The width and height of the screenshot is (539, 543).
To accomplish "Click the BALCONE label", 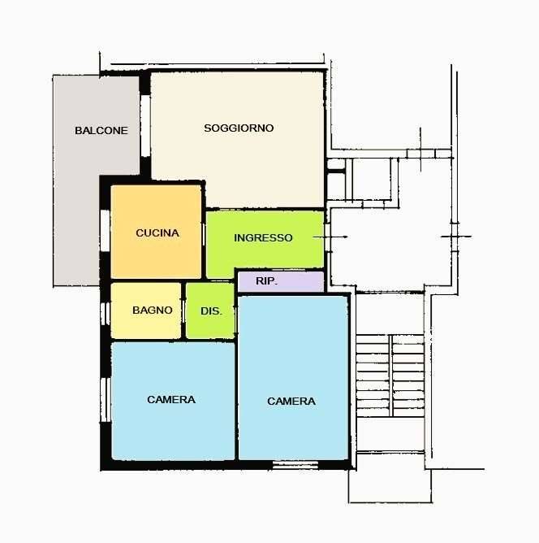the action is pyautogui.click(x=101, y=131).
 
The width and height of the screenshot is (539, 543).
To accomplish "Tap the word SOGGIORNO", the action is pyautogui.click(x=239, y=128).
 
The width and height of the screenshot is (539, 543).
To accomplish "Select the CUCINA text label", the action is pyautogui.click(x=157, y=233).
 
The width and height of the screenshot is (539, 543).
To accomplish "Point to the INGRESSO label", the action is pyautogui.click(x=263, y=238).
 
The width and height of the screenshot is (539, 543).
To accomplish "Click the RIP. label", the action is pyautogui.click(x=266, y=281).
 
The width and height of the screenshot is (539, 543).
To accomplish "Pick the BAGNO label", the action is pyautogui.click(x=153, y=310).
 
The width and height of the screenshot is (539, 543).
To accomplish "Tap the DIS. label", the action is pyautogui.click(x=211, y=311).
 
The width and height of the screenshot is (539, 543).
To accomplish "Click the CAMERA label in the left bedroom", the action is pyautogui.click(x=171, y=400).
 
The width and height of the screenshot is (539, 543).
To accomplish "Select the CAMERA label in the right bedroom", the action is pyautogui.click(x=291, y=402).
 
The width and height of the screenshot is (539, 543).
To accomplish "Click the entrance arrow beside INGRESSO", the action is pyautogui.click(x=330, y=237).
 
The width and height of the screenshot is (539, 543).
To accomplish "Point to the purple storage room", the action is pyautogui.click(x=281, y=281).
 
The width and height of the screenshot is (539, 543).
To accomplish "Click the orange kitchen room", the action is pyautogui.click(x=156, y=232).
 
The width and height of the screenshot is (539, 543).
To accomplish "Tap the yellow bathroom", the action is pyautogui.click(x=146, y=311).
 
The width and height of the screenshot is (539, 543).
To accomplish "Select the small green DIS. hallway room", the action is pyautogui.click(x=210, y=311).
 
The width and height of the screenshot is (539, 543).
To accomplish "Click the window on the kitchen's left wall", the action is pyautogui.click(x=105, y=230).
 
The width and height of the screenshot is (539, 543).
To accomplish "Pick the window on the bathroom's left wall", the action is pyautogui.click(x=105, y=314).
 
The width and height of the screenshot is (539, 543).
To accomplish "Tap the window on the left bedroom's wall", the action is pyautogui.click(x=106, y=400).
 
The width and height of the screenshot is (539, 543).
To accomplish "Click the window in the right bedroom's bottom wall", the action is pyautogui.click(x=295, y=465).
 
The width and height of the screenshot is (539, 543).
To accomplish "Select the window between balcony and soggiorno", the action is pyautogui.click(x=145, y=126).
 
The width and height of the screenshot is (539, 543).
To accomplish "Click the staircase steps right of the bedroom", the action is pyautogui.click(x=390, y=376).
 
